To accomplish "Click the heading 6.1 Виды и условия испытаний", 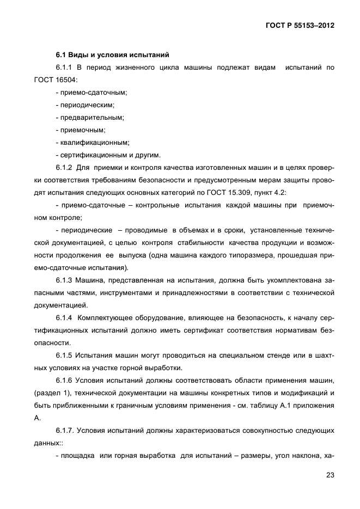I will click(x=112, y=55).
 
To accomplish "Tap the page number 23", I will click(x=330, y=475).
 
